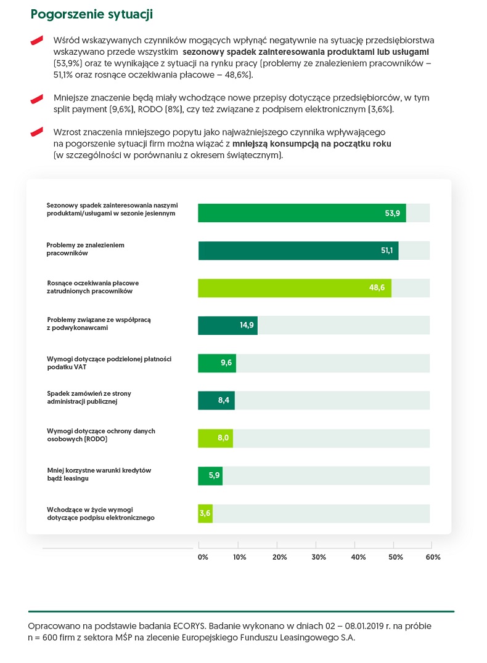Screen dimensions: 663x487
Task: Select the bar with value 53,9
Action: (301, 213)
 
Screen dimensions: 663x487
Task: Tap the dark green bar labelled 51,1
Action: (298, 251)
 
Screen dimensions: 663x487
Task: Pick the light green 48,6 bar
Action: (294, 288)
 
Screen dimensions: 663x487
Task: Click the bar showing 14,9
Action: (227, 326)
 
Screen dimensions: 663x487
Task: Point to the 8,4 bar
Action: (216, 401)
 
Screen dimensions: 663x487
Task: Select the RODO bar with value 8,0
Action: (215, 438)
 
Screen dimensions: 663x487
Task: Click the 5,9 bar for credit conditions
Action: (210, 476)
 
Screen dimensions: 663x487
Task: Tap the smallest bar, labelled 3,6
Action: (205, 513)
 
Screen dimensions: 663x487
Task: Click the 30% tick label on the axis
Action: (319, 557)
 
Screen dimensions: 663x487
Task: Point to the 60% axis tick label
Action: (433, 557)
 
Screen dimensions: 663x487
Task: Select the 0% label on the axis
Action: (203, 557)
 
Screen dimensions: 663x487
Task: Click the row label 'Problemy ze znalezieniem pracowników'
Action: (86, 249)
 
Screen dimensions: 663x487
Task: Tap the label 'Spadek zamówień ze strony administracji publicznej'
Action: (89, 398)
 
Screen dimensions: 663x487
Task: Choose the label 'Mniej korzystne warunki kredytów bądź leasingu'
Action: (99, 474)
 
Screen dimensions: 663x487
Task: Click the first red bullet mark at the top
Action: (37, 40)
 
